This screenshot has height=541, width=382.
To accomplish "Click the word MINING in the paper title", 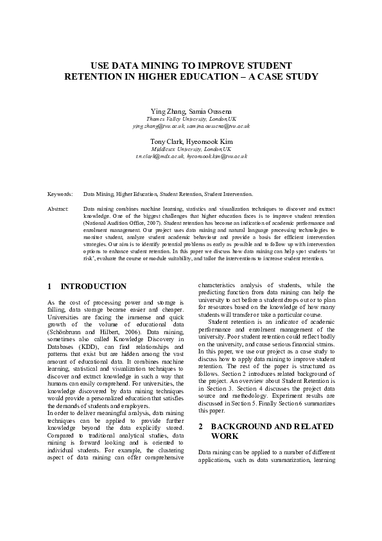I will (161, 66).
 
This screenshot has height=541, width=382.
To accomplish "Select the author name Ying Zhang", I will (165, 111).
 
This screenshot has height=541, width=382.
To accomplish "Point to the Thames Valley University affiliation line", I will (191, 120).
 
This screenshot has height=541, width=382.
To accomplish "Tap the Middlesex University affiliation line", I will (191, 148).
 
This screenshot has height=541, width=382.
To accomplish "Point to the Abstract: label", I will (58, 209).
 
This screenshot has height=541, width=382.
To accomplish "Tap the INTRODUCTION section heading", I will (93, 286).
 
